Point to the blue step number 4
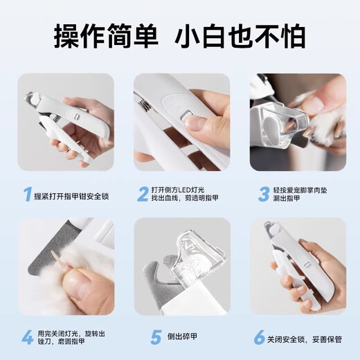click(x=26, y=338)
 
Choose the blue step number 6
click(x=258, y=338)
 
